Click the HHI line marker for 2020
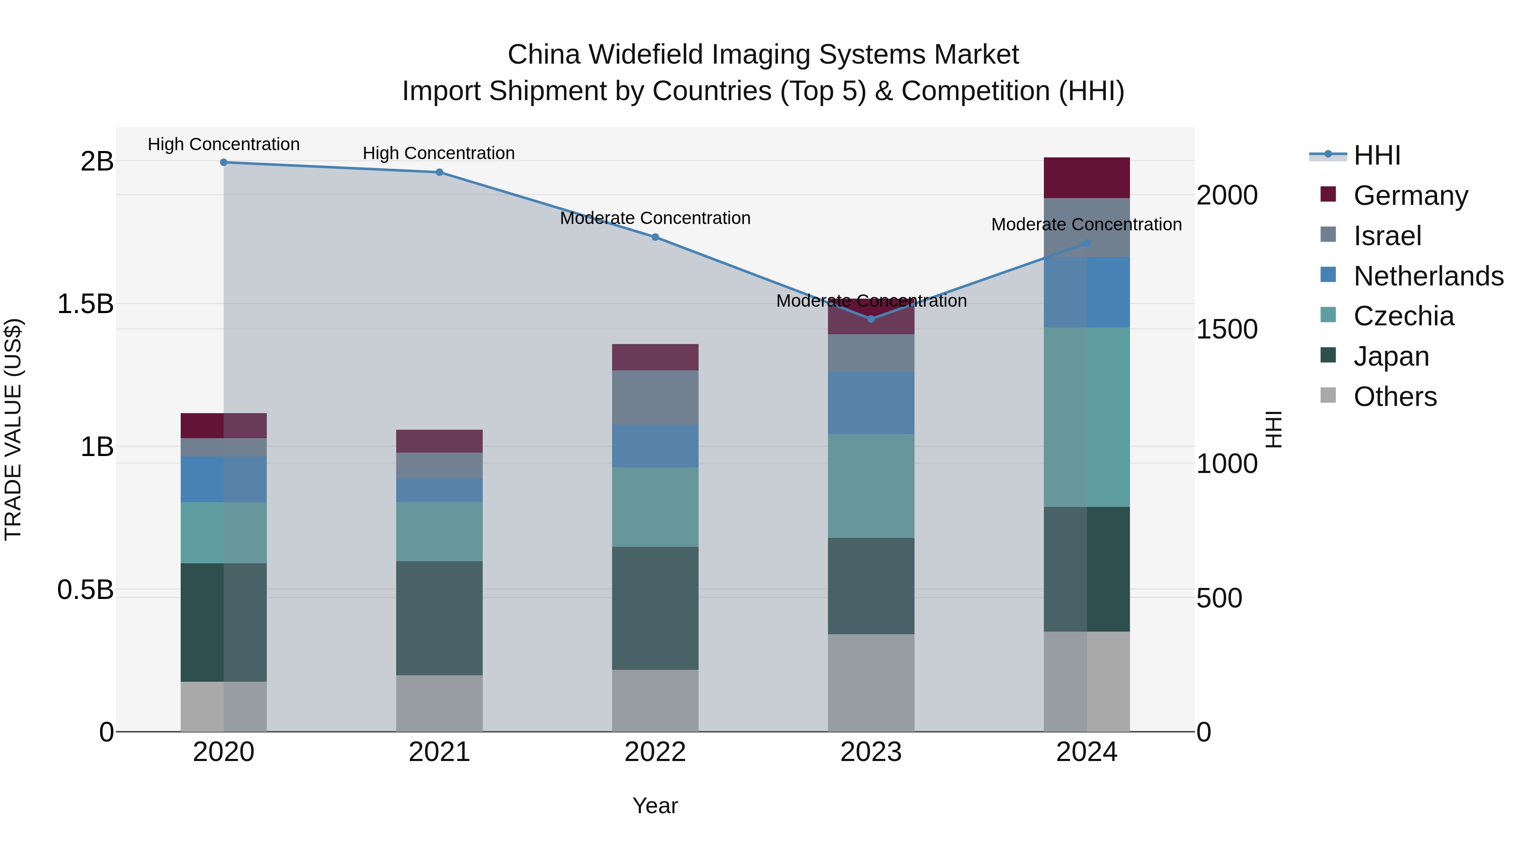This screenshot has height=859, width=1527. (x=224, y=162)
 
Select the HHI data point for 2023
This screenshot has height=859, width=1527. (x=871, y=319)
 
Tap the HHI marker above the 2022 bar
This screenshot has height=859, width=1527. (x=655, y=237)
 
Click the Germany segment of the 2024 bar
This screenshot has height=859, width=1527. (x=1087, y=178)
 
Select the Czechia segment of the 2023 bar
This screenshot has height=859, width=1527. (x=871, y=486)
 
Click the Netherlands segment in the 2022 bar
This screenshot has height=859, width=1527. (x=655, y=446)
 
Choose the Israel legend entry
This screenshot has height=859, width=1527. (x=1387, y=236)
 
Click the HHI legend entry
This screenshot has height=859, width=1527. (x=1376, y=155)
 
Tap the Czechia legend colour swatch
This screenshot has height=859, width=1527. (x=1328, y=315)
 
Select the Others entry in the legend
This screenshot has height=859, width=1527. (x=1395, y=397)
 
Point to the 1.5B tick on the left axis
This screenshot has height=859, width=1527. (x=85, y=304)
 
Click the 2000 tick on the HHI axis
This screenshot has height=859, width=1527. (x=1226, y=196)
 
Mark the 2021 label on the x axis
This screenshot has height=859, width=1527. (x=439, y=752)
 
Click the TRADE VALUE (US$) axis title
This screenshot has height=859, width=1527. (x=13, y=429)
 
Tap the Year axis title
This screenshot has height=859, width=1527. (x=655, y=806)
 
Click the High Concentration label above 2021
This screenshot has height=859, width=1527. (x=439, y=153)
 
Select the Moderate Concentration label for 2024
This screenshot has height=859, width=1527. (x=1086, y=225)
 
